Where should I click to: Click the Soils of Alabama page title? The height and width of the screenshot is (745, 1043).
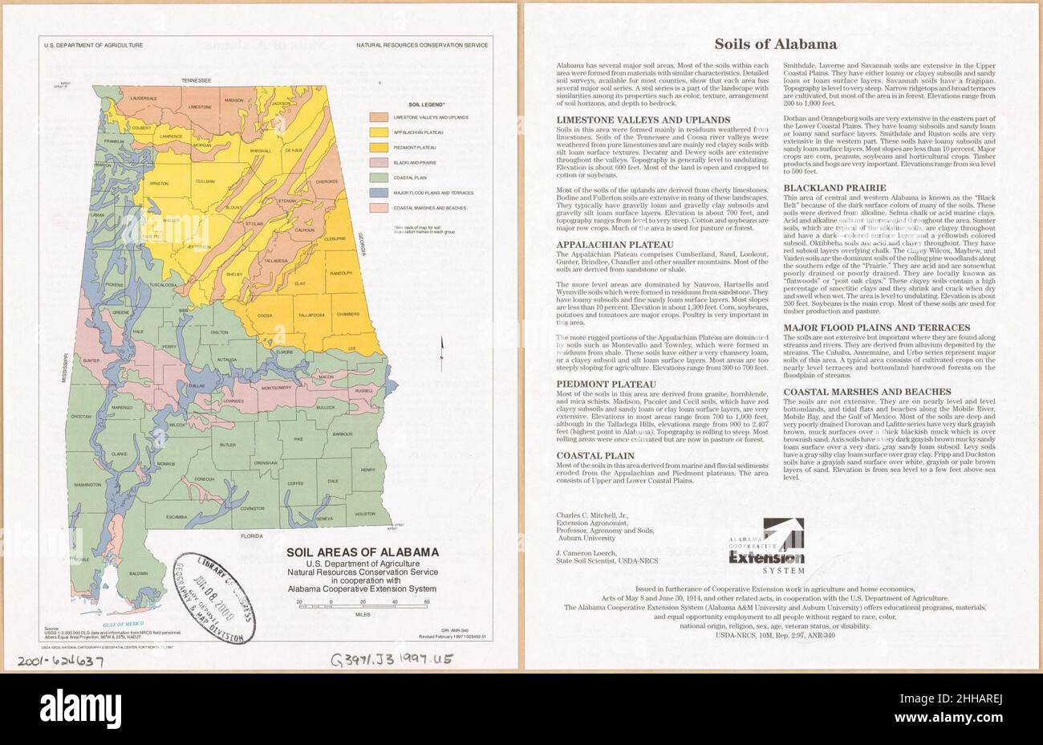(x=775, y=44)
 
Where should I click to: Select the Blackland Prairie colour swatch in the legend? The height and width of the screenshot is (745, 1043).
(x=379, y=162)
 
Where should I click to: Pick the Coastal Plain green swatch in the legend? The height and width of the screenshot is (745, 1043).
(x=379, y=177)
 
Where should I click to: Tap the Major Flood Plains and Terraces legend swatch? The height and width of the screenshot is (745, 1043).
(x=379, y=193)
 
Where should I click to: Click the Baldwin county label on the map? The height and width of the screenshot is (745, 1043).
(x=139, y=573)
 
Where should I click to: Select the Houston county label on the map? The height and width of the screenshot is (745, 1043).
(x=365, y=514)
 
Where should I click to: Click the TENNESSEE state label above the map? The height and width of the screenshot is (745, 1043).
(x=196, y=81)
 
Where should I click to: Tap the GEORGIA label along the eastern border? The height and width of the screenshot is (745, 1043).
(x=362, y=241)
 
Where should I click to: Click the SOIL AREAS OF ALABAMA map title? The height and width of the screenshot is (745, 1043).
(x=363, y=552)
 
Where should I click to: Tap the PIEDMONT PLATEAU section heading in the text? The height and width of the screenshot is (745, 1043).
(x=606, y=385)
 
